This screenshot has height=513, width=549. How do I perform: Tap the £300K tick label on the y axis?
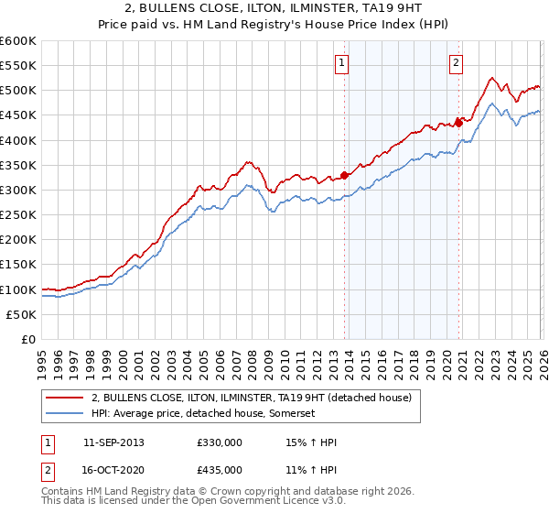pos(18,190)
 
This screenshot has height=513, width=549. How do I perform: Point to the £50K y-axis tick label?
pos(21,314)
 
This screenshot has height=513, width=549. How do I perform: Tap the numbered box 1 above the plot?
pos(341,63)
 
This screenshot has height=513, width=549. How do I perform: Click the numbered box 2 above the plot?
pos(455,63)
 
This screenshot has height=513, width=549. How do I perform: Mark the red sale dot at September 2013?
pos(344,175)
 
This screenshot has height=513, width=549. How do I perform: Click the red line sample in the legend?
pos(64,398)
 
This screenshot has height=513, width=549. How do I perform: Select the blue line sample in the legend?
pos(64,413)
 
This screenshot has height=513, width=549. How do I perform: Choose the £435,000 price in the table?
pos(219,470)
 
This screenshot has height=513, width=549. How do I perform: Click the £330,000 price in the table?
pos(219,442)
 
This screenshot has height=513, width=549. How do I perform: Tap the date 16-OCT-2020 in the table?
pos(113,470)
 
